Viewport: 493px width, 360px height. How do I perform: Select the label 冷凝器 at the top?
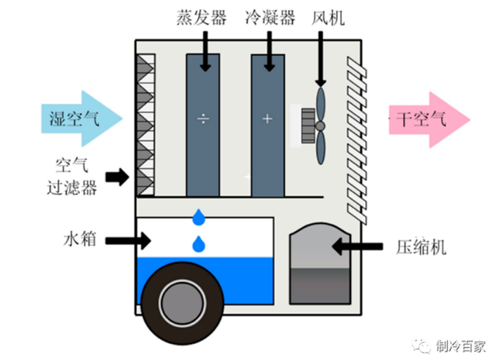point(270,18)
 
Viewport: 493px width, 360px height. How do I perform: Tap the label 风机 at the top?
point(328,18)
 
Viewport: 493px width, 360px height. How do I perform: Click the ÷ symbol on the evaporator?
point(203,119)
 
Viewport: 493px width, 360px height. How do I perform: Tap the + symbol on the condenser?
point(267,119)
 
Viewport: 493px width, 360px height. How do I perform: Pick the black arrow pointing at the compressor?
point(358,246)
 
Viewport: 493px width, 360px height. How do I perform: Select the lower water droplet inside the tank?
point(199,244)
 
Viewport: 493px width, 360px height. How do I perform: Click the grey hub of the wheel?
point(181,301)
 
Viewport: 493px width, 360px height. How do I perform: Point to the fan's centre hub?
point(320,126)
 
